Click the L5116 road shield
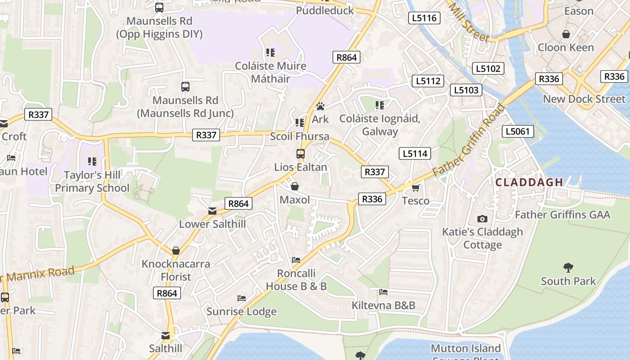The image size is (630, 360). point(424,18)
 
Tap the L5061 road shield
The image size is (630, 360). point(518,131)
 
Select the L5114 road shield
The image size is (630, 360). point(414,153)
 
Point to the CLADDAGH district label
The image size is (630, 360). point(529,182)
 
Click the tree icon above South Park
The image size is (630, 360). point(568,268)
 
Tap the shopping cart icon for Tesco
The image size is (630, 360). point(415,187)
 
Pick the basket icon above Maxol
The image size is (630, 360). point(295,186)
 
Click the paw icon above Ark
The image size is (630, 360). point(320,106)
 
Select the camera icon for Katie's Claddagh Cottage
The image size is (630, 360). point(482,219)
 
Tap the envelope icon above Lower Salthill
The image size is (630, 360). point(212,211)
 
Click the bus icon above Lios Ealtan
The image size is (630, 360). point(301,154)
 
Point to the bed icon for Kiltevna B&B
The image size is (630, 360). point(383,292)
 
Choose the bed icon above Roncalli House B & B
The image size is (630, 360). point(296,260)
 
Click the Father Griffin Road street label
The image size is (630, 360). point(469,141)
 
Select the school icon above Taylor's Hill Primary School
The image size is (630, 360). point(92,161)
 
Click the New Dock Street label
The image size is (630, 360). point(584,99)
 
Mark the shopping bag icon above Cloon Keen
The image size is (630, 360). point(566,34)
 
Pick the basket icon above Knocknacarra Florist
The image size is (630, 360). point(176,251)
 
